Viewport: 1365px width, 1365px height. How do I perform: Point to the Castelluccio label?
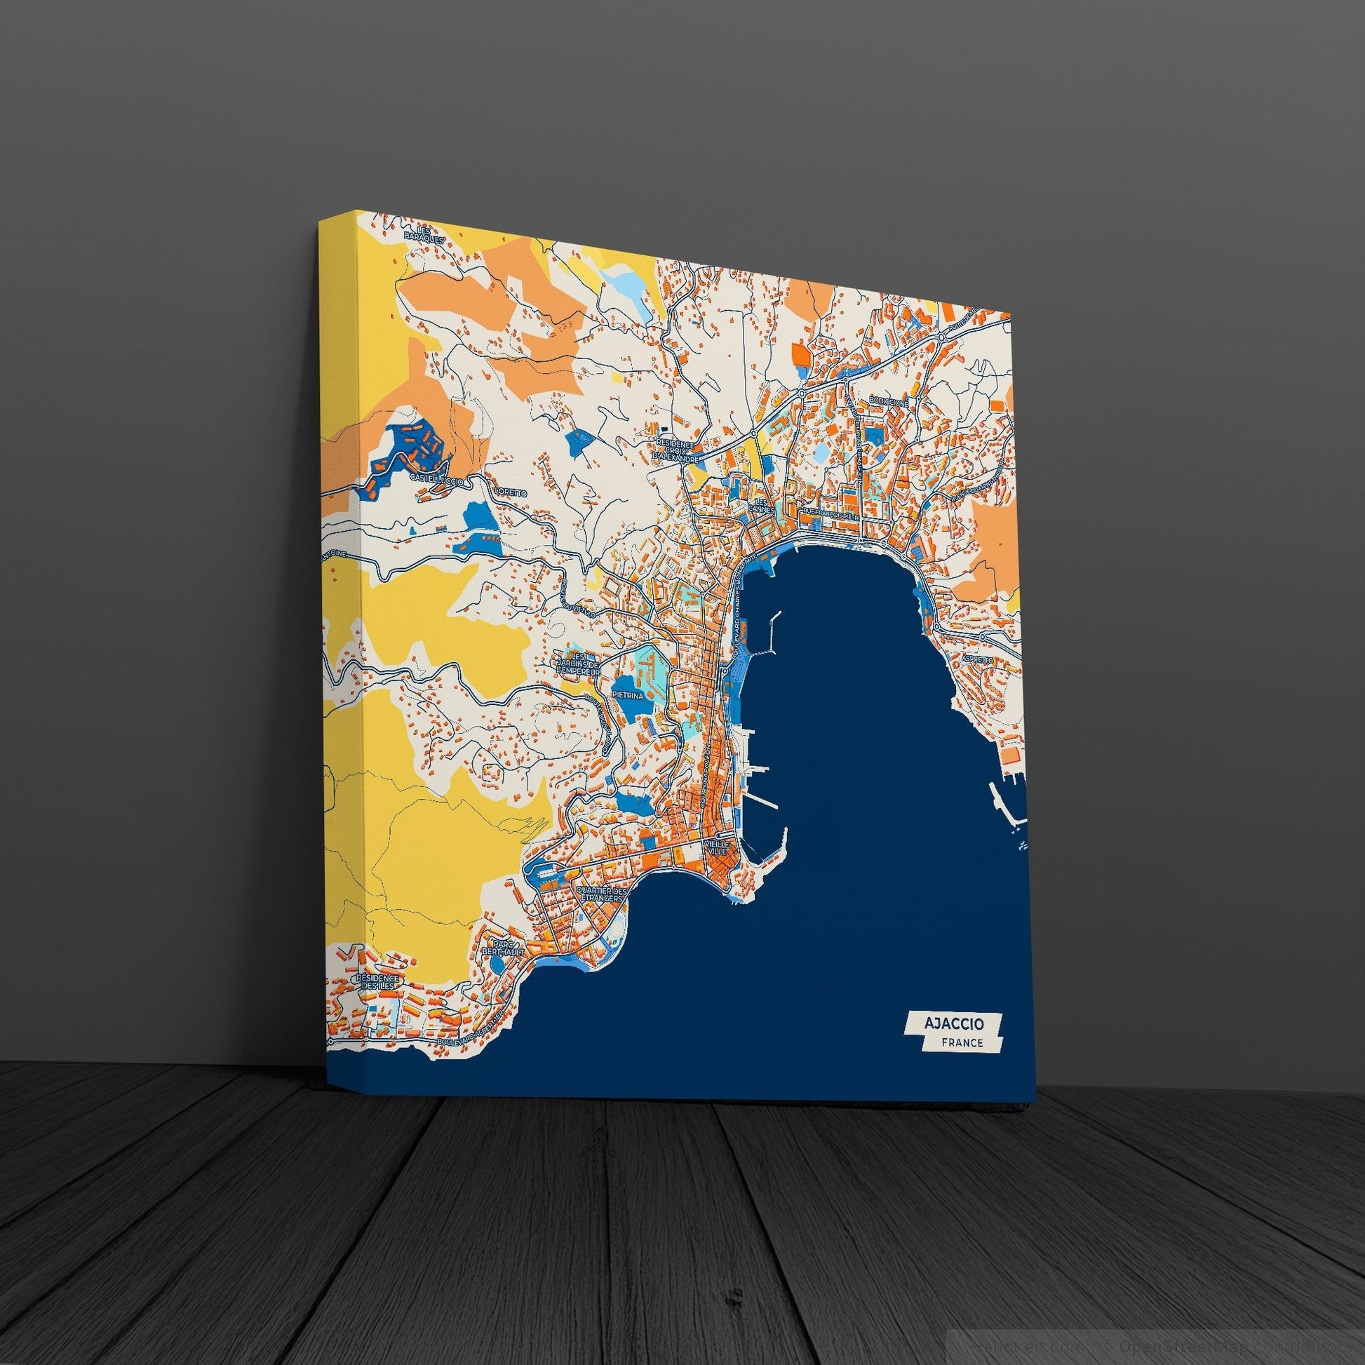(436, 479)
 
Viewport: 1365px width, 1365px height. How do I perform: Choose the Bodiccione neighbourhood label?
(889, 401)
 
